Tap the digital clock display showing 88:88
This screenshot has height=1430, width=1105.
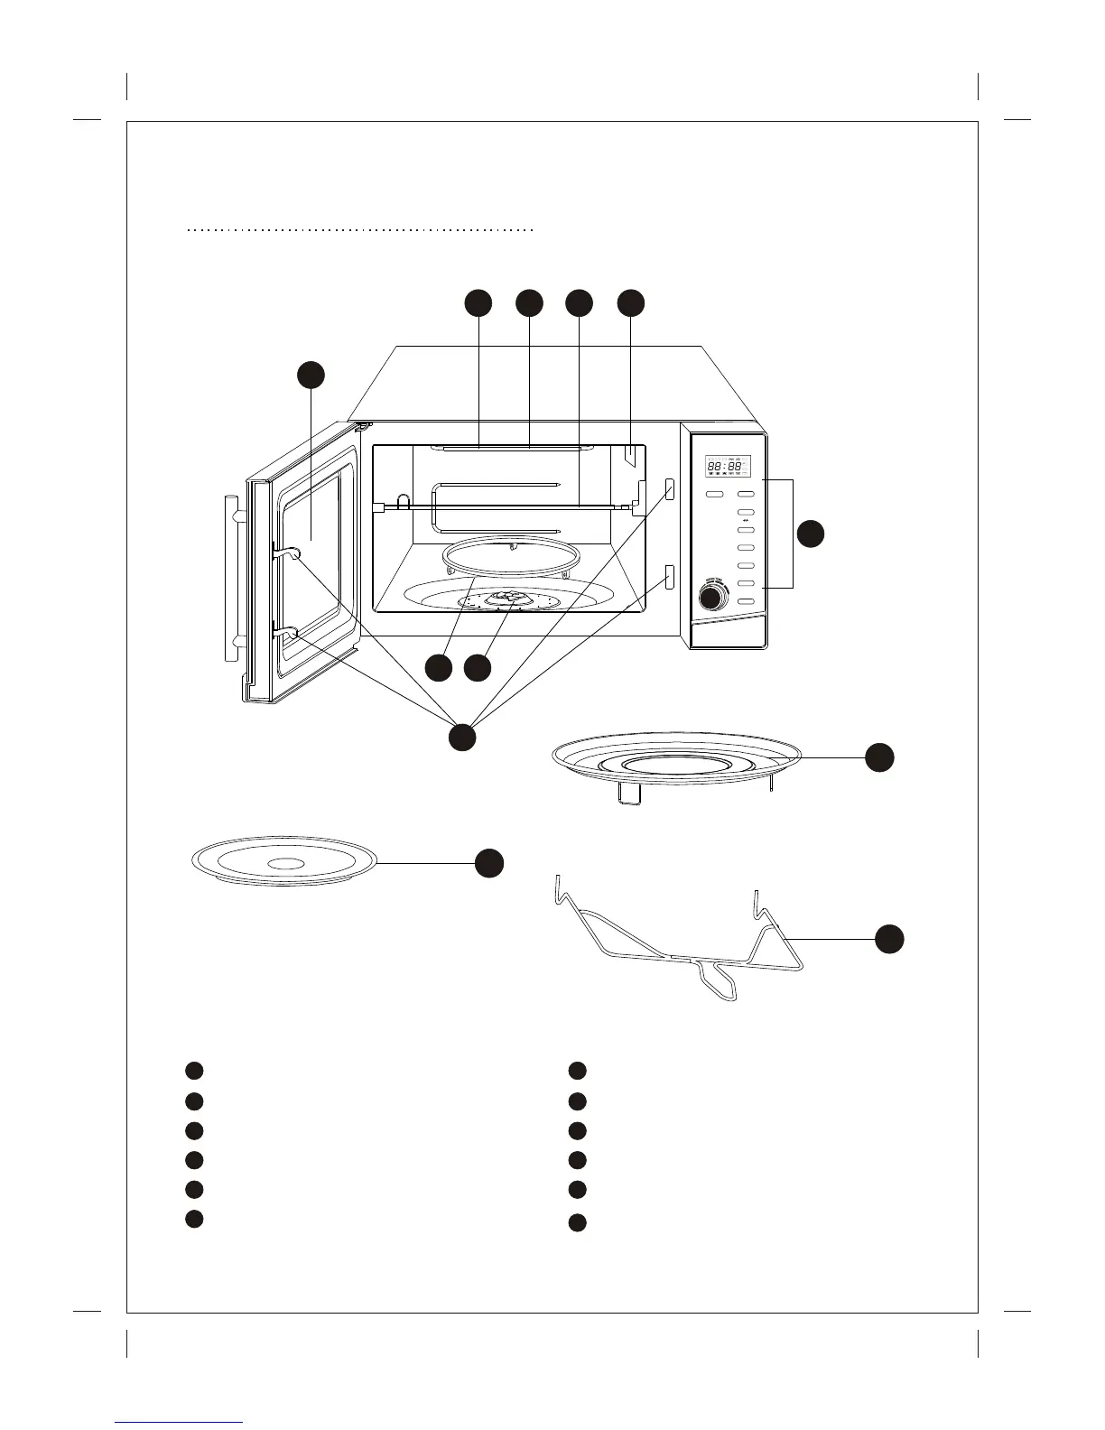(x=727, y=467)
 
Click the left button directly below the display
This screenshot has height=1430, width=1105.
(x=715, y=495)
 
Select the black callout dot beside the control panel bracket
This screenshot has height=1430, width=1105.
(x=811, y=534)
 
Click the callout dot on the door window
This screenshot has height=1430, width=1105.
(x=311, y=376)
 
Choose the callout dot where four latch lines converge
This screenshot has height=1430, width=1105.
(x=462, y=736)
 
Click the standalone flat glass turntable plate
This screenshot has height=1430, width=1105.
(x=284, y=863)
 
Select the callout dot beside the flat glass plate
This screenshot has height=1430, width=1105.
(x=489, y=863)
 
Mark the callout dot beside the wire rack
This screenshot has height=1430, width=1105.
(x=889, y=939)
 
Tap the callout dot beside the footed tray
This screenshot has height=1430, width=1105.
(x=879, y=757)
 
